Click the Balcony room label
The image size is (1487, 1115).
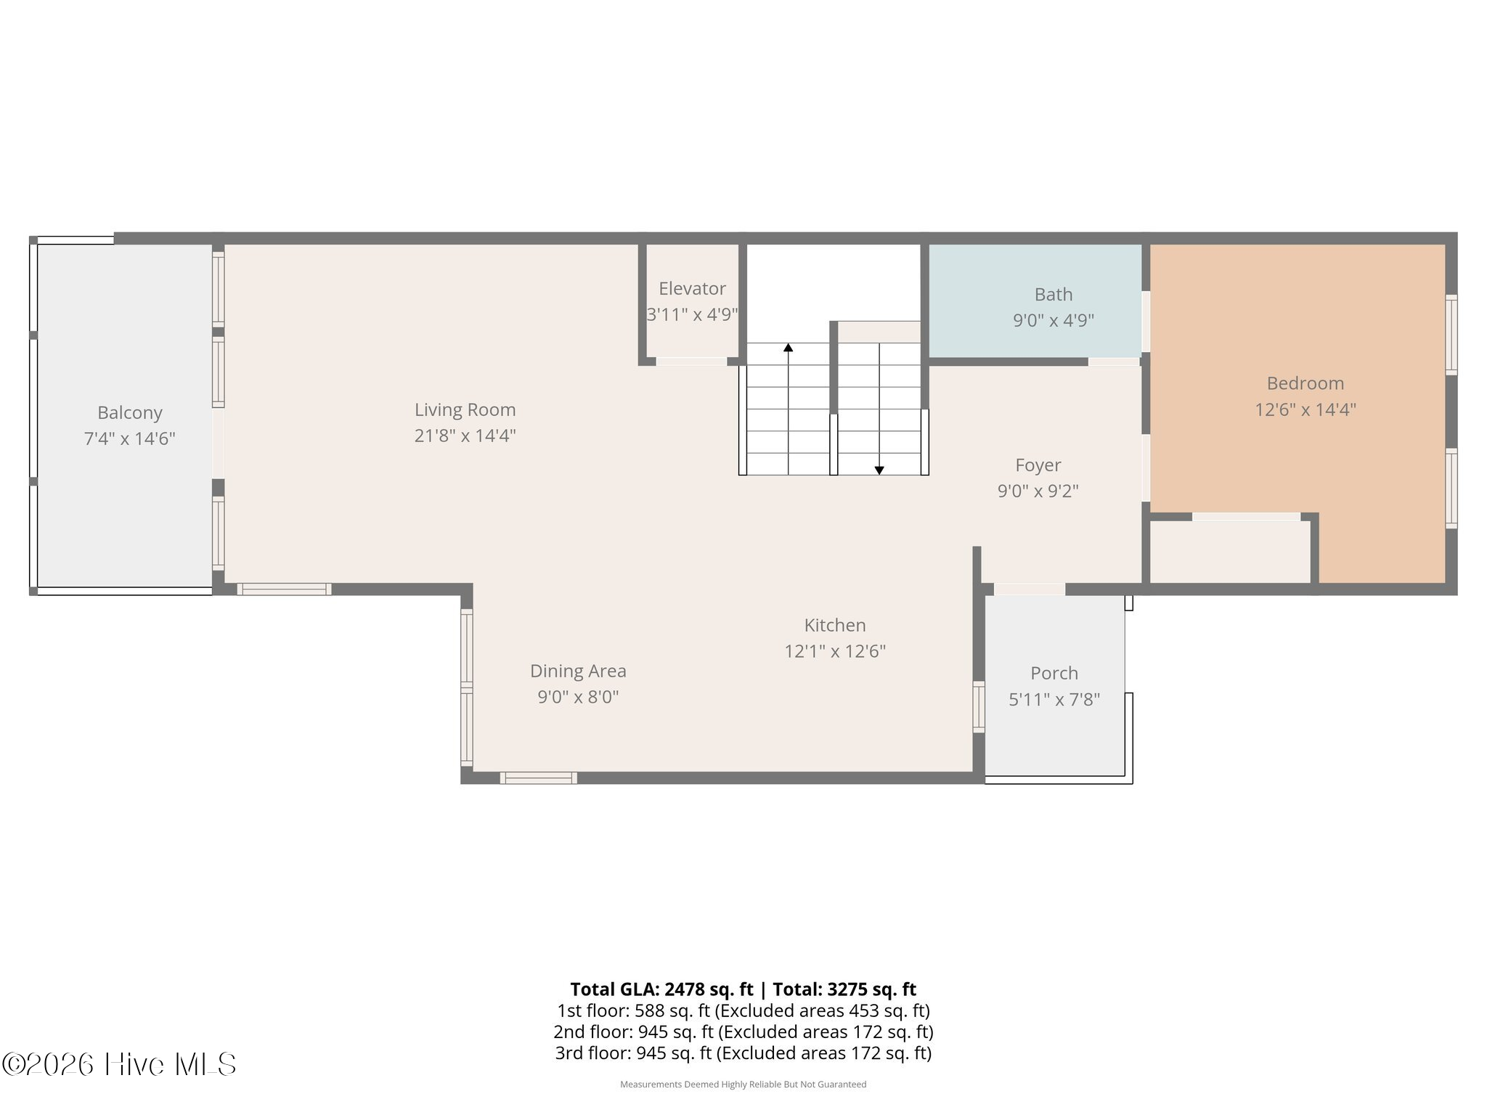(x=130, y=412)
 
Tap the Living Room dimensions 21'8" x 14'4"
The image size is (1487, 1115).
(x=465, y=436)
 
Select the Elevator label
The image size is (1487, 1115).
(x=692, y=288)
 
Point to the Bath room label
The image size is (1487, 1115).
(x=1054, y=294)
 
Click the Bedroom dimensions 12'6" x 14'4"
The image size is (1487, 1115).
(x=1305, y=409)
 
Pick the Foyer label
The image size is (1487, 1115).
(x=1038, y=465)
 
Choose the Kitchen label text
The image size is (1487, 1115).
(x=835, y=625)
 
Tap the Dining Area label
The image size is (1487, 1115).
(x=578, y=671)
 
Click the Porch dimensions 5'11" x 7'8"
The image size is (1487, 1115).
(x=1054, y=699)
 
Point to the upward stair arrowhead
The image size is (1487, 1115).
(x=788, y=348)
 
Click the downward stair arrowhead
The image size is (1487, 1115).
(x=879, y=470)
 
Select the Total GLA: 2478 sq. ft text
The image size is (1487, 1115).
(x=661, y=989)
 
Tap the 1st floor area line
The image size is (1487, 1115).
(x=743, y=1010)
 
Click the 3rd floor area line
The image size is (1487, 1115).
(x=743, y=1053)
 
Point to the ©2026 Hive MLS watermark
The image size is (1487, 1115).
(x=119, y=1064)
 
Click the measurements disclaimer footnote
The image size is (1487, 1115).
(x=743, y=1085)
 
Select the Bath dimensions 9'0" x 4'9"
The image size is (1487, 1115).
(x=1054, y=320)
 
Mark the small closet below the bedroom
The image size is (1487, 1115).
(x=1231, y=552)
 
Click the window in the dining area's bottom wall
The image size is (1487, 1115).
(x=539, y=778)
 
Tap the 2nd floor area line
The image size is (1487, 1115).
(x=743, y=1032)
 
